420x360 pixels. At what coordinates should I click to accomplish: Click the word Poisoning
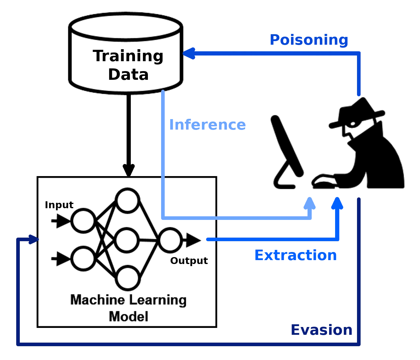(308, 40)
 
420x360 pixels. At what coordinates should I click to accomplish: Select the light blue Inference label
(207, 124)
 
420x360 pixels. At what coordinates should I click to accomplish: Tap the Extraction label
(296, 256)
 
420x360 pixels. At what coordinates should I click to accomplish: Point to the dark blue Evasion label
(321, 330)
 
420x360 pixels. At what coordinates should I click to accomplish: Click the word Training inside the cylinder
(128, 56)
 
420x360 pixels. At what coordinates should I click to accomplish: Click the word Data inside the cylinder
(128, 75)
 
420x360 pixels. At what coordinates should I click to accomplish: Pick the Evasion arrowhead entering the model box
(32, 239)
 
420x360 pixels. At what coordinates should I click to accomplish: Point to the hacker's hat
(357, 114)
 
